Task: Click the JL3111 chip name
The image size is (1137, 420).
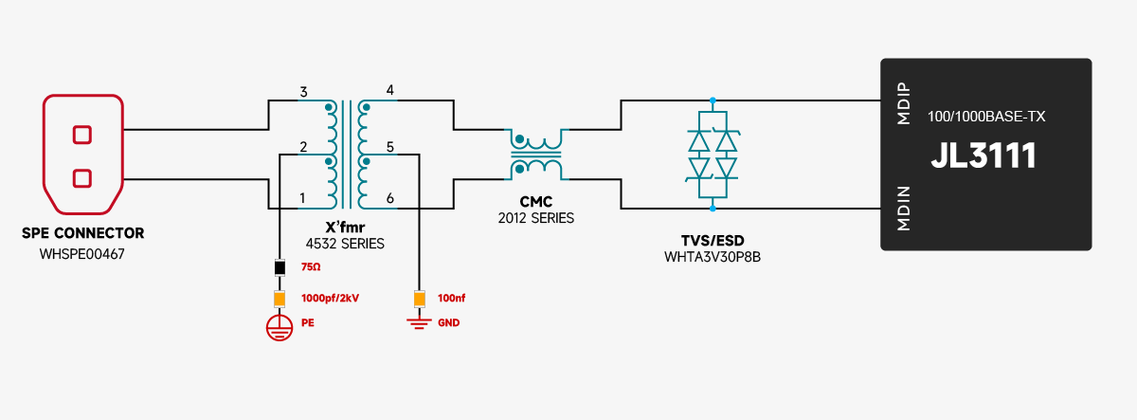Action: tap(983, 156)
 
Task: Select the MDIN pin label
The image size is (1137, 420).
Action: tap(903, 210)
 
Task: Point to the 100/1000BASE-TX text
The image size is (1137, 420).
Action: tap(985, 116)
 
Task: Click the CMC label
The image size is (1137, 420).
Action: tap(535, 202)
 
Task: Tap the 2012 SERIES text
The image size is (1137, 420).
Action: tap(535, 218)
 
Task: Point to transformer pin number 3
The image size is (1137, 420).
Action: tap(303, 92)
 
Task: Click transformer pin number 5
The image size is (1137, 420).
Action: tap(390, 147)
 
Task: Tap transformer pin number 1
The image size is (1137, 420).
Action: tap(302, 198)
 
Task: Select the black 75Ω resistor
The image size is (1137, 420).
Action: tap(280, 268)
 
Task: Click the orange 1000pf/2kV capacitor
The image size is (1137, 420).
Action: tap(280, 299)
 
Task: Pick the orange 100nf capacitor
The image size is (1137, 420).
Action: tap(419, 299)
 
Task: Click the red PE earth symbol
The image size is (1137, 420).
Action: tap(278, 327)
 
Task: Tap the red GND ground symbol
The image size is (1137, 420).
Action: tap(419, 323)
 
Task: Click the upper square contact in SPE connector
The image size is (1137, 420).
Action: tap(82, 135)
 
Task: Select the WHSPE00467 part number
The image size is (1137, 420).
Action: tap(82, 254)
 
